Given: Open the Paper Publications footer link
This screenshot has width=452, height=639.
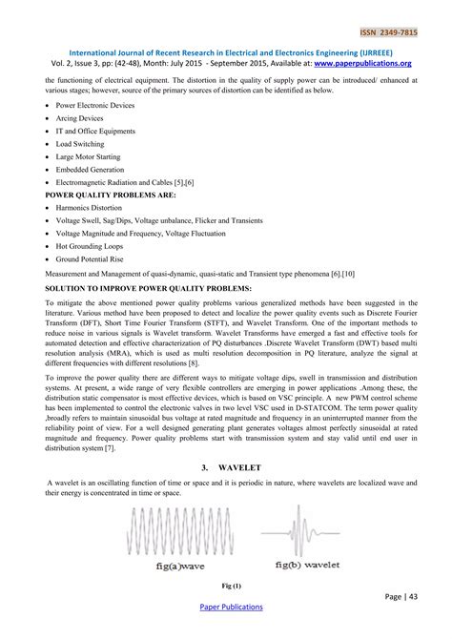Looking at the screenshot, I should click(x=230, y=607).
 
